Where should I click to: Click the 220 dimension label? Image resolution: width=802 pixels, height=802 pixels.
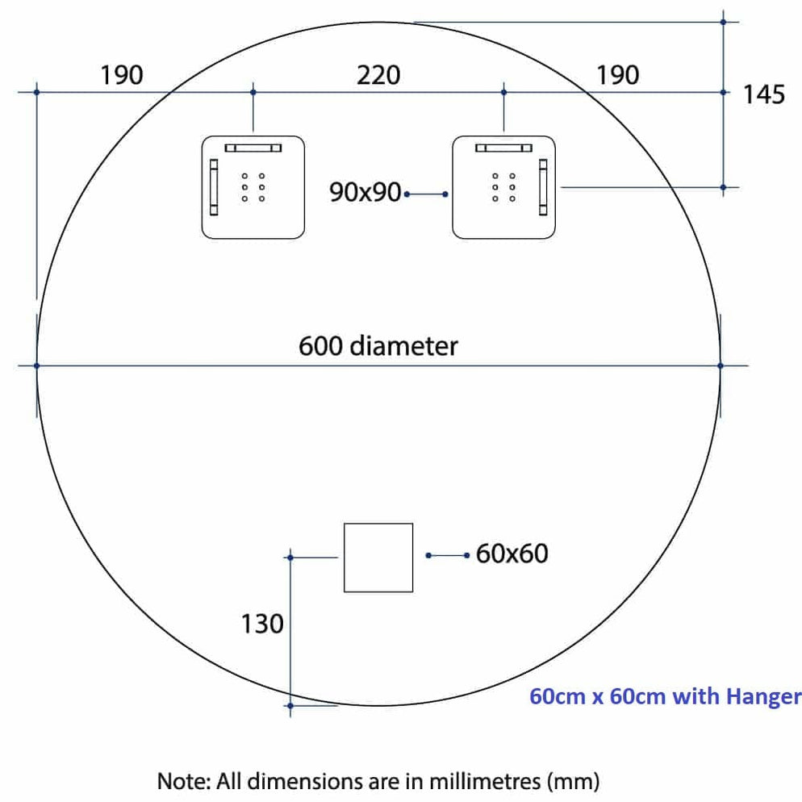pyautogui.click(x=378, y=76)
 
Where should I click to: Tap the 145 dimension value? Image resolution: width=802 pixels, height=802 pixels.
pyautogui.click(x=763, y=95)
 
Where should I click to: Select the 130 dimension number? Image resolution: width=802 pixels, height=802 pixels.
pyautogui.click(x=262, y=624)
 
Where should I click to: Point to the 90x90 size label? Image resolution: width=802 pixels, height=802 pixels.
pyautogui.click(x=365, y=192)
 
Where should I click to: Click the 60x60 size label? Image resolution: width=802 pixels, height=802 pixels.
pyautogui.click(x=512, y=553)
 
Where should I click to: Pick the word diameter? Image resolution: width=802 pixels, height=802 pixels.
pyautogui.click(x=405, y=346)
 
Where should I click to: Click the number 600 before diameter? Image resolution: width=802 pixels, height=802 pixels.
pyautogui.click(x=320, y=346)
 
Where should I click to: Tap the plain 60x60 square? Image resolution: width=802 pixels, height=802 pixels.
pyautogui.click(x=378, y=558)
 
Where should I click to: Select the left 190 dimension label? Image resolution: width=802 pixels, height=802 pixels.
pyautogui.click(x=121, y=76)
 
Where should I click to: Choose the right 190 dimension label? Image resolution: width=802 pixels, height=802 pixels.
pyautogui.click(x=618, y=76)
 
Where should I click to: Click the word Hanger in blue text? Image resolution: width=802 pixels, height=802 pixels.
pyautogui.click(x=763, y=697)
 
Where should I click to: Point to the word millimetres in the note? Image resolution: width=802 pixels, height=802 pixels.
pyautogui.click(x=485, y=782)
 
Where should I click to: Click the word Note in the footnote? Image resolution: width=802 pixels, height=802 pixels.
pyautogui.click(x=184, y=782)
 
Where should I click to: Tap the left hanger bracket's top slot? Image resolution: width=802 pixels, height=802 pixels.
pyautogui.click(x=253, y=148)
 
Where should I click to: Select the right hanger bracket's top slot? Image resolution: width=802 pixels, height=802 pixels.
pyautogui.click(x=503, y=148)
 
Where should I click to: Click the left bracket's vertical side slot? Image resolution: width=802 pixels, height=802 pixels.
pyautogui.click(x=214, y=187)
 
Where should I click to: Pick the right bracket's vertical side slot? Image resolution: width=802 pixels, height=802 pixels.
pyautogui.click(x=543, y=187)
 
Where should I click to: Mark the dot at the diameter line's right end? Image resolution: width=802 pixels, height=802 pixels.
pyautogui.click(x=721, y=365)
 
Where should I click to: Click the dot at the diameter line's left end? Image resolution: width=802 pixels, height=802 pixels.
pyautogui.click(x=37, y=365)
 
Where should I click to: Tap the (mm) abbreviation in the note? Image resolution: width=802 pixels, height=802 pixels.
pyautogui.click(x=574, y=782)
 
